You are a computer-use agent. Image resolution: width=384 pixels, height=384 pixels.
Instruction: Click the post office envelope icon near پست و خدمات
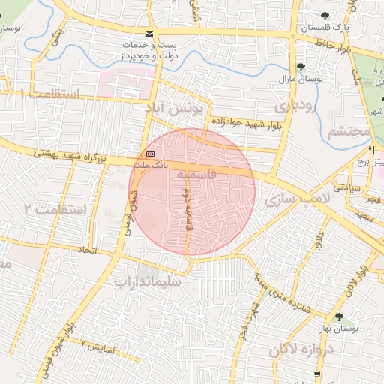pyautogui.click(x=150, y=35)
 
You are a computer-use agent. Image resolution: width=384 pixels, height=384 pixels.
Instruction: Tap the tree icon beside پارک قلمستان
pyautogui.click(x=324, y=16)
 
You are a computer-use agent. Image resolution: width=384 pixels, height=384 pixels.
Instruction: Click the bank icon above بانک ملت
pyautogui.click(x=141, y=153)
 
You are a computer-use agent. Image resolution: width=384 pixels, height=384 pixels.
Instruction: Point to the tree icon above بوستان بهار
pyautogui.click(x=340, y=316)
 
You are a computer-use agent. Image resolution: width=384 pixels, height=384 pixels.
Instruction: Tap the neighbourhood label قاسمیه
pyautogui.click(x=197, y=173)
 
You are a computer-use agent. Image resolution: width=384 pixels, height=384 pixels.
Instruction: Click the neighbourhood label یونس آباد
pyautogui.click(x=178, y=109)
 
